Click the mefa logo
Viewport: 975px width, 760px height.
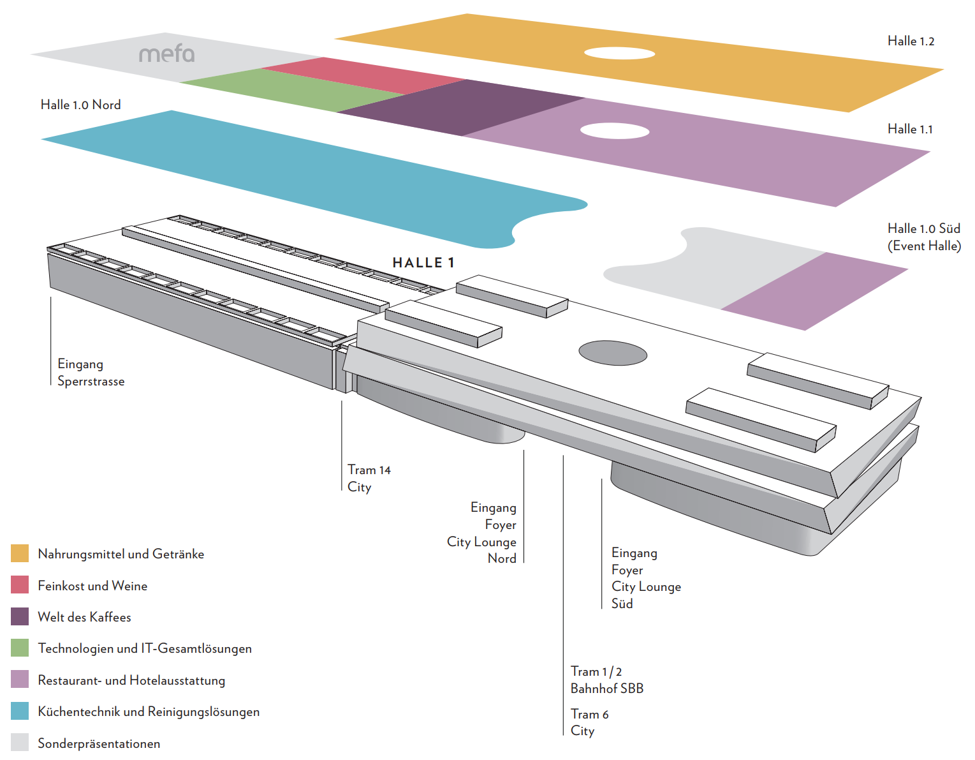tap(167, 54)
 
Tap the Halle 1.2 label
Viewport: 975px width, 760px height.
tap(911, 41)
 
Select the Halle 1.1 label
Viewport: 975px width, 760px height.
tap(910, 130)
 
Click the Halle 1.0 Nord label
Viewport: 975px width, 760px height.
tap(80, 105)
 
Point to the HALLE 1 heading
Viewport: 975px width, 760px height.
tap(423, 263)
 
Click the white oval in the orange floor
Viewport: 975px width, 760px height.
tap(619, 54)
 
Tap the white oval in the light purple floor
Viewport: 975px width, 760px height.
tap(614, 131)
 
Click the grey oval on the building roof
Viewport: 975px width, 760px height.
tap(613, 353)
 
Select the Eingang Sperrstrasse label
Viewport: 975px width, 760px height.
tap(91, 373)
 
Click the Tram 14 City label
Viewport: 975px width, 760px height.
tap(369, 479)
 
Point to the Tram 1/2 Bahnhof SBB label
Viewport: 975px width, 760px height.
tap(606, 680)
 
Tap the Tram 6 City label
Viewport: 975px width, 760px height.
tap(589, 722)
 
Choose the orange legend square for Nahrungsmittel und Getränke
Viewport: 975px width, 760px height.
tap(20, 553)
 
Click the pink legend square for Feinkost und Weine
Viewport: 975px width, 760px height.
tap(20, 585)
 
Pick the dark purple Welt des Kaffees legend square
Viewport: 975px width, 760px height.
tap(20, 616)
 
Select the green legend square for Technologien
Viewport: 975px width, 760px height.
tap(20, 648)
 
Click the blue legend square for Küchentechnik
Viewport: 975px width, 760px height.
tap(20, 711)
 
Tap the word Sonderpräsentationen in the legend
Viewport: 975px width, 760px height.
tap(99, 743)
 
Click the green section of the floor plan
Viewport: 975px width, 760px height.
tap(293, 89)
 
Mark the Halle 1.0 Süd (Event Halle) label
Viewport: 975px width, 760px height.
tap(923, 237)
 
